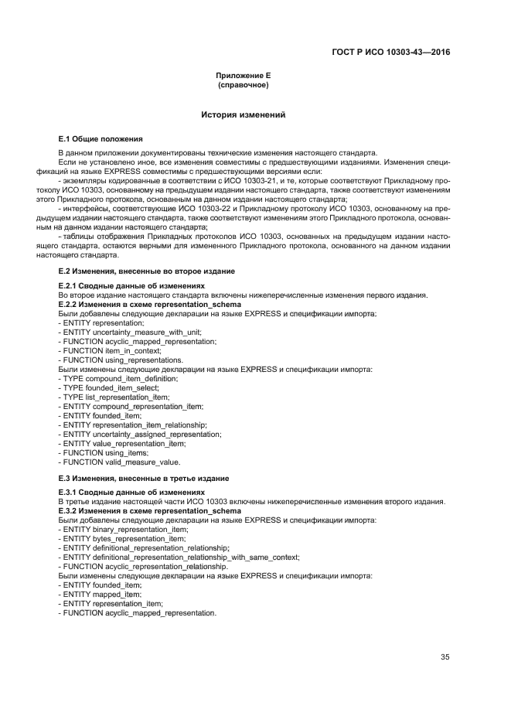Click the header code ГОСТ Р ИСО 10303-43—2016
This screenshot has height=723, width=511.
click(x=391, y=53)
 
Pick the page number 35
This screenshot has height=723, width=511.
click(x=445, y=657)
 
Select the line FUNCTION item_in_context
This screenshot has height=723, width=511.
click(x=110, y=350)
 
